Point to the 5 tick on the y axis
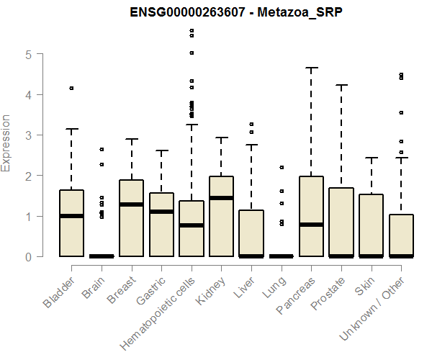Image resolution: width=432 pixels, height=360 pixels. coord(27,54)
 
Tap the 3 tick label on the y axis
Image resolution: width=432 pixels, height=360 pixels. coord(27,135)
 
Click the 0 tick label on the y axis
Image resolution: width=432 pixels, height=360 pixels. coord(27,256)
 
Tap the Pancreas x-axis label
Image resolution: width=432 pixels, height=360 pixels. coord(295,295)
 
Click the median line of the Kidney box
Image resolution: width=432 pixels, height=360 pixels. coord(222,198)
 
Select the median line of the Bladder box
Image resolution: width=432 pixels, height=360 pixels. coord(72,216)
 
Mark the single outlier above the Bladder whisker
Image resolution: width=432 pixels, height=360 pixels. coord(72,88)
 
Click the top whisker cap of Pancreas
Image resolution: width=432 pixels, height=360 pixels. coord(311,68)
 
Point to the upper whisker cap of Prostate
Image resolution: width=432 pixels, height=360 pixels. coord(341,85)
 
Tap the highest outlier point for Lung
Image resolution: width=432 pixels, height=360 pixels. coord(282,167)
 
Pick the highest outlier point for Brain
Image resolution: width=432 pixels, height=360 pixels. coord(102,149)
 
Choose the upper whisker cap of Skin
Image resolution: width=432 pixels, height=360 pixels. coord(371,158)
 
